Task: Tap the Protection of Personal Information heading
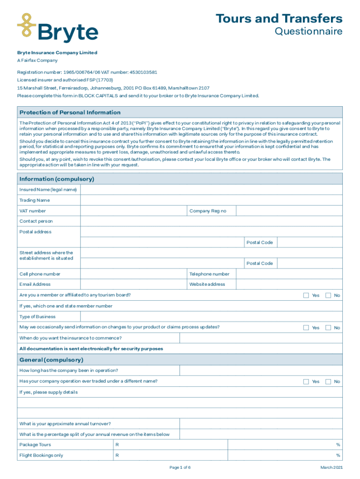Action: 70,112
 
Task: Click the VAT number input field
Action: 133,211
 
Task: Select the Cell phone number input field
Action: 133,274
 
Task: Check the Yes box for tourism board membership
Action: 306,295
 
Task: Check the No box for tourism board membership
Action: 328,295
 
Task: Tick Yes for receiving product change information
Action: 306,327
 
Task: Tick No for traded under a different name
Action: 328,381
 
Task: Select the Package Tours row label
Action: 35,445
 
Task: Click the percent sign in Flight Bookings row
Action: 338,456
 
